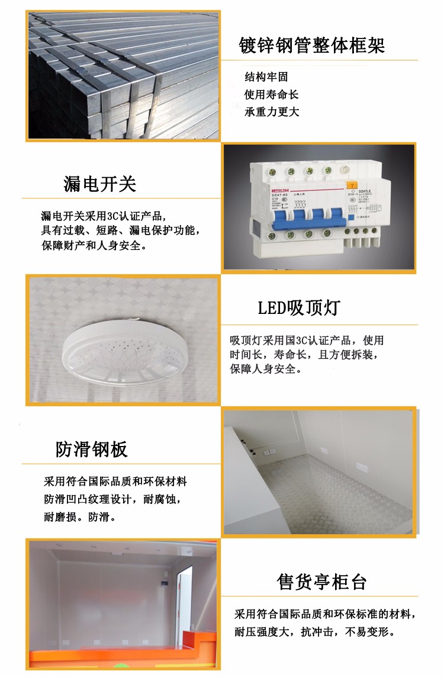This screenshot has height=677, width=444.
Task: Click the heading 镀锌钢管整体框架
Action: pyautogui.click(x=312, y=46)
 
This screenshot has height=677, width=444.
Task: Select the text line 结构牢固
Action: pyautogui.click(x=266, y=77)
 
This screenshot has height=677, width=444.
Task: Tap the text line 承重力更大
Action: pyautogui.click(x=272, y=112)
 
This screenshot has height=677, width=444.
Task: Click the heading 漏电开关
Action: pyautogui.click(x=100, y=184)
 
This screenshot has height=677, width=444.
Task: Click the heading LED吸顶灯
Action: pyautogui.click(x=299, y=308)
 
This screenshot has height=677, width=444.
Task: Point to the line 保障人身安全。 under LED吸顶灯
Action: pyautogui.click(x=266, y=369)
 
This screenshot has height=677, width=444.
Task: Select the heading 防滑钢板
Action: pyautogui.click(x=92, y=450)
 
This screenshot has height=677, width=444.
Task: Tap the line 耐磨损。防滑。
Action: pyautogui.click(x=79, y=517)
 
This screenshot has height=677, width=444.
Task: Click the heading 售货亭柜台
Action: pyautogui.click(x=322, y=582)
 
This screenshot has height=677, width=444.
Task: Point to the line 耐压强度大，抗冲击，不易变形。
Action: pyautogui.click(x=314, y=631)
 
